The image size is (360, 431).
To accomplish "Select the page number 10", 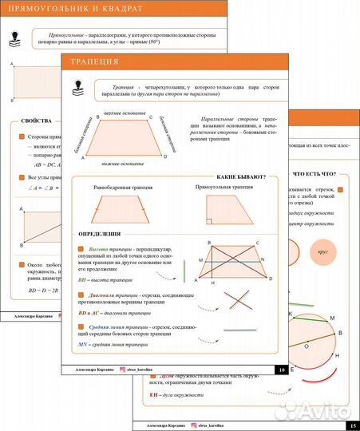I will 279,370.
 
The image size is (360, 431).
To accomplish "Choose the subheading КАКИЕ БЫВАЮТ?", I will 241,176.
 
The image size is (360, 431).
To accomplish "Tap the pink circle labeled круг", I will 323,251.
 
